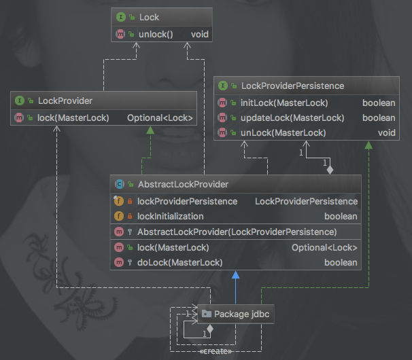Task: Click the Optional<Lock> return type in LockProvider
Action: (x=160, y=118)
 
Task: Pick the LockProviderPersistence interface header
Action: (x=292, y=86)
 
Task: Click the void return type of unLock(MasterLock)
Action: (x=386, y=132)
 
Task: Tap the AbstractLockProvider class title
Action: (x=182, y=184)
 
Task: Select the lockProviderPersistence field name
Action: (x=187, y=201)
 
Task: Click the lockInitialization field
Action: (x=170, y=216)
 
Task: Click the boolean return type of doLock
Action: (x=341, y=262)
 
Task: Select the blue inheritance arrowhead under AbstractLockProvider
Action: (x=235, y=275)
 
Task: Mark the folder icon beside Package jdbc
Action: (x=206, y=314)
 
